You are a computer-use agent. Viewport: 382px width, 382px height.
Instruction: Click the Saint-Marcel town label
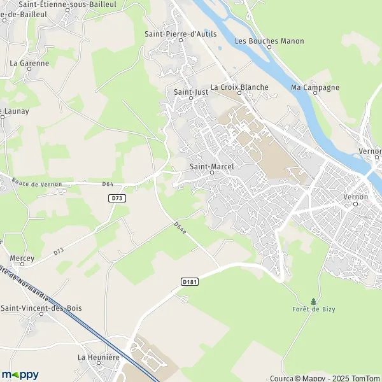click(212, 166)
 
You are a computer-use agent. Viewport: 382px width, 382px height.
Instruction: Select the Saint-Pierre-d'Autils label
click(180, 34)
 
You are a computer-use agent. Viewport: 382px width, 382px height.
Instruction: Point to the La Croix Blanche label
click(239, 87)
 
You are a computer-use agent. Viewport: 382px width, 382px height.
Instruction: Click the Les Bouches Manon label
click(269, 41)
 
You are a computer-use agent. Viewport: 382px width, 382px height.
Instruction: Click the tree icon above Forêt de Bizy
click(313, 301)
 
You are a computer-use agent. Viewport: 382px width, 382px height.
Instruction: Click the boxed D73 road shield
click(117, 199)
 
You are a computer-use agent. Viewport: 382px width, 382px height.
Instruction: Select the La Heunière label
click(99, 358)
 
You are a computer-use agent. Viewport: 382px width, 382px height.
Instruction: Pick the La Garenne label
click(29, 64)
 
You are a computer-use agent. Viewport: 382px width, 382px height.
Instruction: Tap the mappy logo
click(20, 374)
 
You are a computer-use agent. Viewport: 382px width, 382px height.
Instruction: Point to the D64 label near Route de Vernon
click(108, 185)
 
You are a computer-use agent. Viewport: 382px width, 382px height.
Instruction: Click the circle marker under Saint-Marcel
click(212, 172)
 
